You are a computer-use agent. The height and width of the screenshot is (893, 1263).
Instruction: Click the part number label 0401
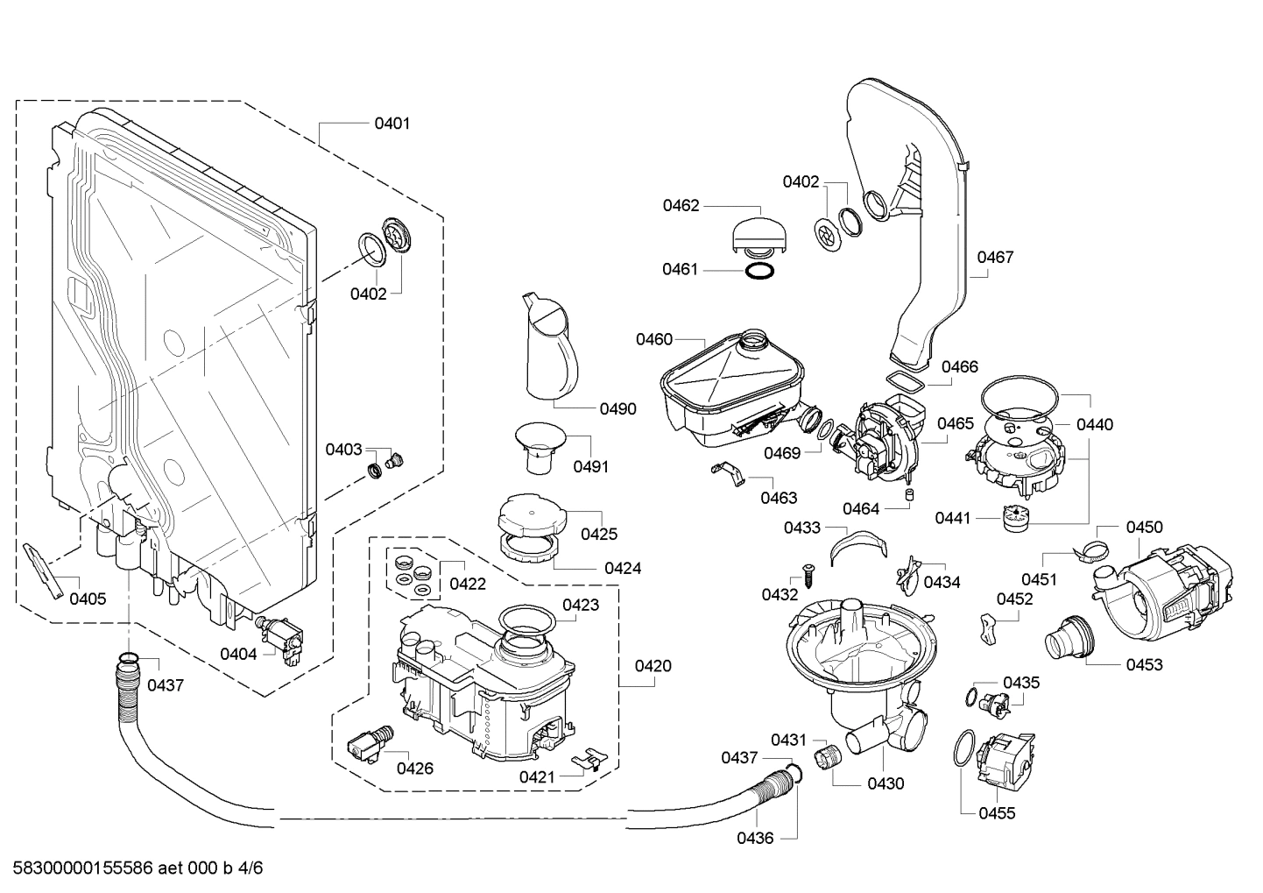pos(392,124)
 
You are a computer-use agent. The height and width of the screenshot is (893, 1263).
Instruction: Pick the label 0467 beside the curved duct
pos(995,257)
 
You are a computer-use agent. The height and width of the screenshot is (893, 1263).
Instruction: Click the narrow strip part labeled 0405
pos(44,569)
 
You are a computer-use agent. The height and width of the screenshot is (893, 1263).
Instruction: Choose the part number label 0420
pos(653,666)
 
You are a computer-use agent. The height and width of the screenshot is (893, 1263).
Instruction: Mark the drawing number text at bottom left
pos(132,868)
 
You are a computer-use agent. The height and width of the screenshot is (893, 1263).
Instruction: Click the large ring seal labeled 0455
pos(963,752)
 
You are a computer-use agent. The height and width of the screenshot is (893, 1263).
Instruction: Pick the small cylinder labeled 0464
pos(909,497)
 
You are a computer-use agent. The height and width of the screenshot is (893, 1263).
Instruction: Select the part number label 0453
pos(1144,664)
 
